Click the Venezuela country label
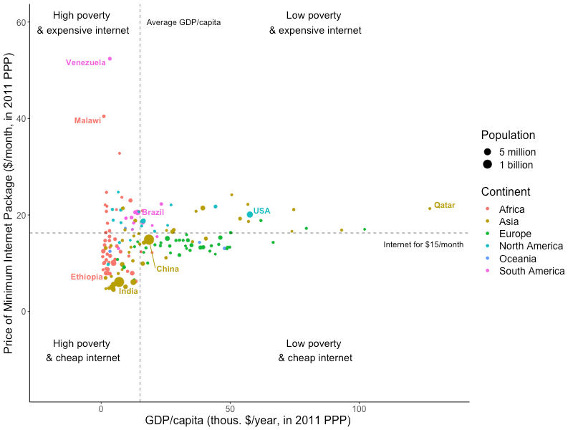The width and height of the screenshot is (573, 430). point(86,63)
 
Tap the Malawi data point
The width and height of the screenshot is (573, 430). point(104,116)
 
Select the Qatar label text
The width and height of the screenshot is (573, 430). point(444,206)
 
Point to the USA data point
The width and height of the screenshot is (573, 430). point(250,214)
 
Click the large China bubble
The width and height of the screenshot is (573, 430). point(149,240)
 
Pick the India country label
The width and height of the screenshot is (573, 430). point(128,292)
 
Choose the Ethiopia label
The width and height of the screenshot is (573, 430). point(87,277)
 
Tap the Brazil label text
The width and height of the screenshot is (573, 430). point(153,213)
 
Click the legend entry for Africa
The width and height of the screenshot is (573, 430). point(511,209)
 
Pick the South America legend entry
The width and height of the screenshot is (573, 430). point(531,271)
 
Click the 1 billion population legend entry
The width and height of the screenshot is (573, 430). point(515,165)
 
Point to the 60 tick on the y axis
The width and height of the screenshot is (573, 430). point(21,22)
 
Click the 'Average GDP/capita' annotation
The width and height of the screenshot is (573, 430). point(183,22)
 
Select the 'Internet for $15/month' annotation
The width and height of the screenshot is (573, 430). point(423,245)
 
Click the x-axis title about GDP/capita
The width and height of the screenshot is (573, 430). point(248,421)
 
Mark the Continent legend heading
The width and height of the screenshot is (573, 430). point(506,192)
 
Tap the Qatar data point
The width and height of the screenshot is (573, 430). point(430,209)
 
